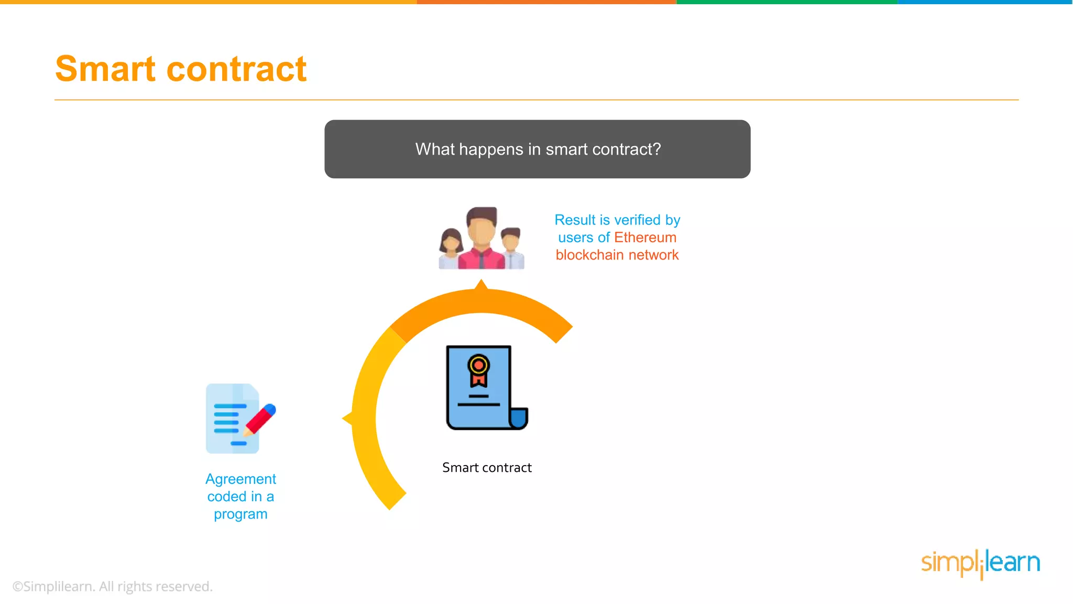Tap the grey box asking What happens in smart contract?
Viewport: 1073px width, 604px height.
[537, 149]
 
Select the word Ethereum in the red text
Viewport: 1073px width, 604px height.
[645, 238]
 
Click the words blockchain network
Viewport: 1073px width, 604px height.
[617, 255]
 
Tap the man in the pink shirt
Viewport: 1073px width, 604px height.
[481, 239]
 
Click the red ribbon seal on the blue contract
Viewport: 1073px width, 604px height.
[478, 370]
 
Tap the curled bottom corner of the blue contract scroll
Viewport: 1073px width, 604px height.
[518, 419]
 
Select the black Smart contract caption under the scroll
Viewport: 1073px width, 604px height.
[487, 468]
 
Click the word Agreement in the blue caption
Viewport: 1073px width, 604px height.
[240, 479]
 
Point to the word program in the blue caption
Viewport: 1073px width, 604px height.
[240, 514]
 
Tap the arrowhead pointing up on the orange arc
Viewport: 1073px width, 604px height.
[481, 285]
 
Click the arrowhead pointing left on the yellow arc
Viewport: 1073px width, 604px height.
[347, 418]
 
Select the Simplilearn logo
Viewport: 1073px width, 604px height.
[980, 564]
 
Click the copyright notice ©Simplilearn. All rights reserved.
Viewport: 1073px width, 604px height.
[113, 586]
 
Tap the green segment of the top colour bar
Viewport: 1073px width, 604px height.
[787, 2]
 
